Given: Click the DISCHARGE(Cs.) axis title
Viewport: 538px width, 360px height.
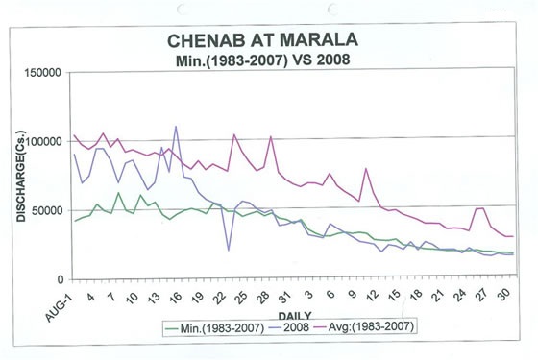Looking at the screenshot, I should pos(20,175).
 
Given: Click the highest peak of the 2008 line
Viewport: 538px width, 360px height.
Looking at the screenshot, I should pos(176,127).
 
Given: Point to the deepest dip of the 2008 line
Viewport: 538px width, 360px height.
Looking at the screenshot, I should pos(228,251).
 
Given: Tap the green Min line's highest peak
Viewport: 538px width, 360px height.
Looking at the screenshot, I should pos(119,193).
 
